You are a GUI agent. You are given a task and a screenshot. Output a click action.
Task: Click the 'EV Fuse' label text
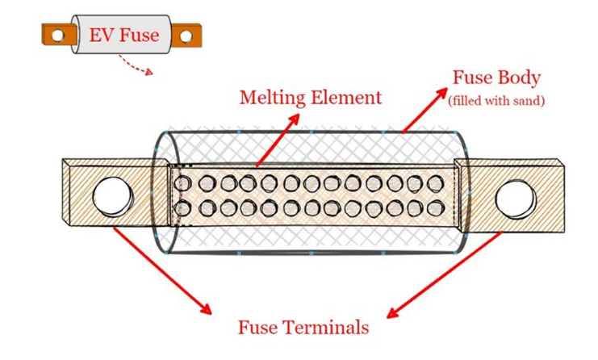tap(123, 35)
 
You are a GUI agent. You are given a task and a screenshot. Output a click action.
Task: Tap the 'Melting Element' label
tap(311, 98)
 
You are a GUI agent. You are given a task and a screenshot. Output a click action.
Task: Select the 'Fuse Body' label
tap(496, 79)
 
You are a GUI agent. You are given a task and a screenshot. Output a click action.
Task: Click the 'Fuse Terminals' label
tap(303, 327)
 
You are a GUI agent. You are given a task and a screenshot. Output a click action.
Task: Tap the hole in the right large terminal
tap(516, 198)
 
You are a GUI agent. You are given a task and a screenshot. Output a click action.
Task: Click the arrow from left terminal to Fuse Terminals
tap(161, 270)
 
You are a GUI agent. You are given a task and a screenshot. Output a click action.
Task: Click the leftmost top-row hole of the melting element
tap(183, 182)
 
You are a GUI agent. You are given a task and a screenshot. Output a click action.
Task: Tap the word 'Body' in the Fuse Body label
tap(518, 79)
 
